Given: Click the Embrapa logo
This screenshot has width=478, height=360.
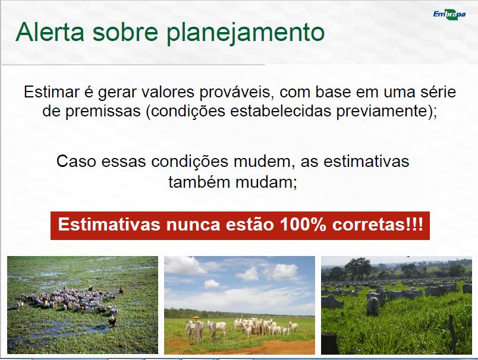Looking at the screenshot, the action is pos(449,14).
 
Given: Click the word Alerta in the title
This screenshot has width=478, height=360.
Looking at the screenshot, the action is pos(50,31).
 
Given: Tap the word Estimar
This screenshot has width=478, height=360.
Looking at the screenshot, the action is pos(51,92).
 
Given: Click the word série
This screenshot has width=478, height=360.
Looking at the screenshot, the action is pos(438,92).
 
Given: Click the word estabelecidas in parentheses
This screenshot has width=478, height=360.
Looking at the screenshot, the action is pos(281,111).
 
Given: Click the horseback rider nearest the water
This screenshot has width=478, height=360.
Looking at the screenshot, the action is pos(113,321).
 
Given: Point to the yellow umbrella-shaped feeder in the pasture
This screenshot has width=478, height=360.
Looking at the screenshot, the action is pos(197,318).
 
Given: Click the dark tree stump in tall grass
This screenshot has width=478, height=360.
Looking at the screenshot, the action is pos(330,343).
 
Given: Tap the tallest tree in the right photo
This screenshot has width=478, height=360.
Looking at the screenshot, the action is pos(358,269).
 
